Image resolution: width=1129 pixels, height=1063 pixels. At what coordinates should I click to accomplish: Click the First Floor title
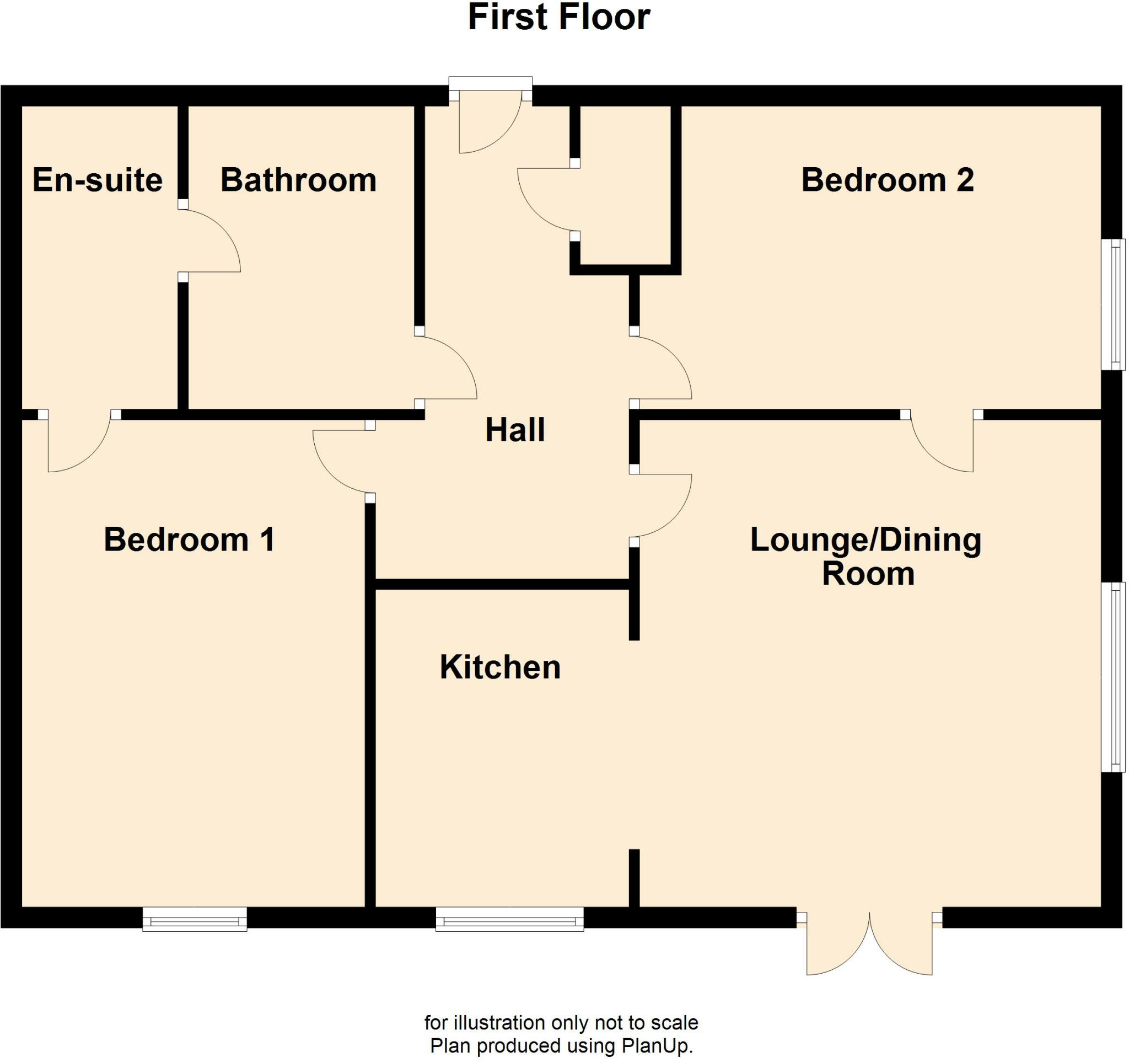(559, 18)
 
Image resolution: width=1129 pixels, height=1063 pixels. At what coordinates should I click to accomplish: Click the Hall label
(514, 430)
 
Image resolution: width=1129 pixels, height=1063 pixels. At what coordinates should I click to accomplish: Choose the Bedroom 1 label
(189, 539)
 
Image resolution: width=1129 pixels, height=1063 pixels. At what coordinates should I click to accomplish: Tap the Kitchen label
(500, 667)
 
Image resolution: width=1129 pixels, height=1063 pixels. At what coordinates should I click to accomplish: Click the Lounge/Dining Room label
(865, 557)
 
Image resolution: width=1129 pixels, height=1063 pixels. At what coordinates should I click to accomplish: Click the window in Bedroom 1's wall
(195, 918)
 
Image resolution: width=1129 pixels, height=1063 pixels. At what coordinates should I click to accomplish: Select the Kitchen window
(509, 918)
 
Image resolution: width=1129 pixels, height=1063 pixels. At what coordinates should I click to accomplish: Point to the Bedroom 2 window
(1112, 305)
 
